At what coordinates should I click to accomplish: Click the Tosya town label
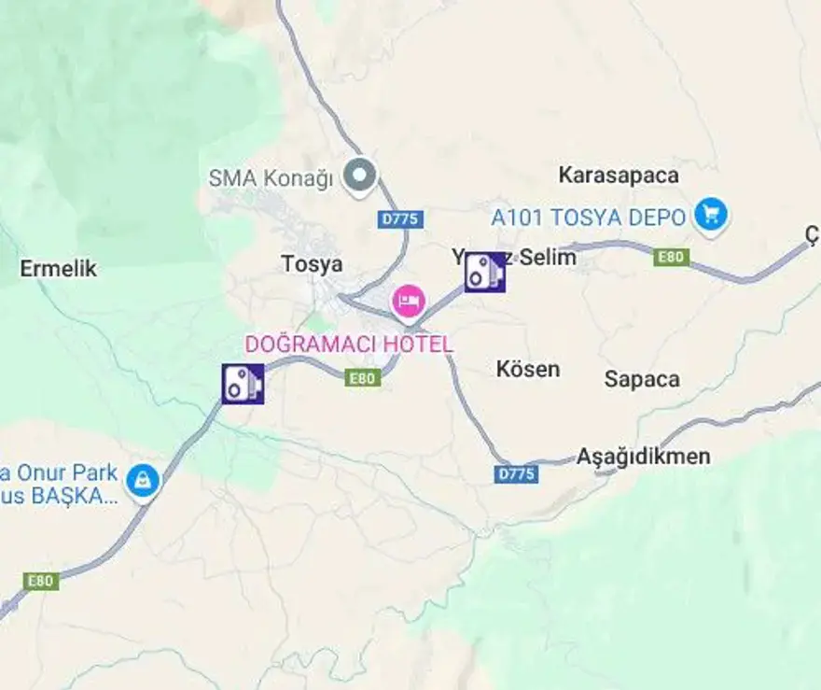click(312, 264)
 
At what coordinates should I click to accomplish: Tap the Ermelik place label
click(59, 269)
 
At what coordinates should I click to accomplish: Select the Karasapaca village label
click(619, 175)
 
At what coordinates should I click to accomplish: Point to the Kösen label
click(528, 369)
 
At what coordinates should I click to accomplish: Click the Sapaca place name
click(642, 379)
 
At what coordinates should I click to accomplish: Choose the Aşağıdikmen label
click(643, 457)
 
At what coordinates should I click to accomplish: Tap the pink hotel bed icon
click(408, 301)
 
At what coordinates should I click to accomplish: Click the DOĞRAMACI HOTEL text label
click(349, 344)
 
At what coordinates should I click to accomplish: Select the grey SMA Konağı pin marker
click(359, 174)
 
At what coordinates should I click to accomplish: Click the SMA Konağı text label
click(271, 177)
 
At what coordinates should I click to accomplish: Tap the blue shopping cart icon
click(711, 215)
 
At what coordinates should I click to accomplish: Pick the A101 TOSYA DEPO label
click(589, 218)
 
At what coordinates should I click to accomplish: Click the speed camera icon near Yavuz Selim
click(485, 272)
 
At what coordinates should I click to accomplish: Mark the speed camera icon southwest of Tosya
click(243, 383)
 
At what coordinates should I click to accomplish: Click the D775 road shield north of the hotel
click(401, 219)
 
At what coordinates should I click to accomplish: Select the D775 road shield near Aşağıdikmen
click(516, 474)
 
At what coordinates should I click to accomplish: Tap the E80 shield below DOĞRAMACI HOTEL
click(363, 378)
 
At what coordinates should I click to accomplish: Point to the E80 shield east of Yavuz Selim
click(672, 258)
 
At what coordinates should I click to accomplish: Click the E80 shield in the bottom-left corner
click(40, 581)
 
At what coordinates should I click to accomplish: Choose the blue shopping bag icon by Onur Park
click(143, 481)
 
